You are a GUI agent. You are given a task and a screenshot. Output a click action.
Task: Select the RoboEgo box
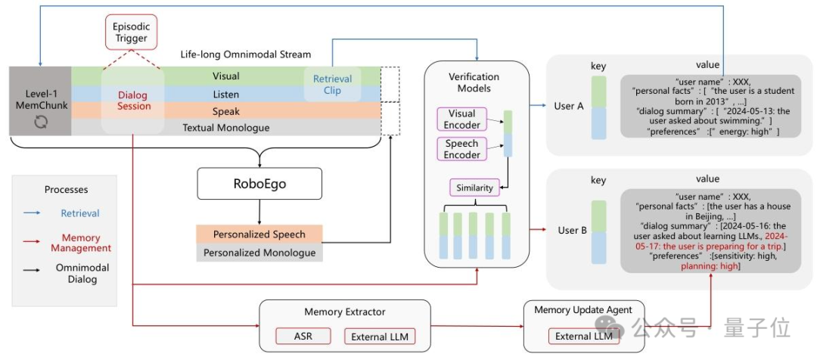[x=259, y=183]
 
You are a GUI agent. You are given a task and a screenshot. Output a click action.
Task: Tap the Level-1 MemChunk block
[x=40, y=101]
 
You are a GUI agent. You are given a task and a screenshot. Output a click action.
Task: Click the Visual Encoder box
[x=462, y=119]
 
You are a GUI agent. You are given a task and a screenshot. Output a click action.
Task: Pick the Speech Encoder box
[x=462, y=149]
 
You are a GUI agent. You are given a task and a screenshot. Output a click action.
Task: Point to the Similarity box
[x=474, y=188]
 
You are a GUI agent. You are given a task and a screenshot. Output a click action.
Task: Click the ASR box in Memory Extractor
[x=303, y=336]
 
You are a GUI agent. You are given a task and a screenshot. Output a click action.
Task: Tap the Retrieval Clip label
[x=332, y=85]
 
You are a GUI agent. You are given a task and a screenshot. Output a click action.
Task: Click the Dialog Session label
[x=134, y=101]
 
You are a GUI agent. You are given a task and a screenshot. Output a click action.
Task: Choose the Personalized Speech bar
[x=259, y=234]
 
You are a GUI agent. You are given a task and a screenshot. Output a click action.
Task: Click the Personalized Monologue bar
[x=259, y=253]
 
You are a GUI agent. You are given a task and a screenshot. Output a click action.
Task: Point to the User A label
[x=569, y=107]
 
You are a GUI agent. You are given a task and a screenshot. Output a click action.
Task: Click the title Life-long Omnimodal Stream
[x=245, y=54]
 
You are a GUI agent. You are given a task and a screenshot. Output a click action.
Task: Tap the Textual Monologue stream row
[x=226, y=127]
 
